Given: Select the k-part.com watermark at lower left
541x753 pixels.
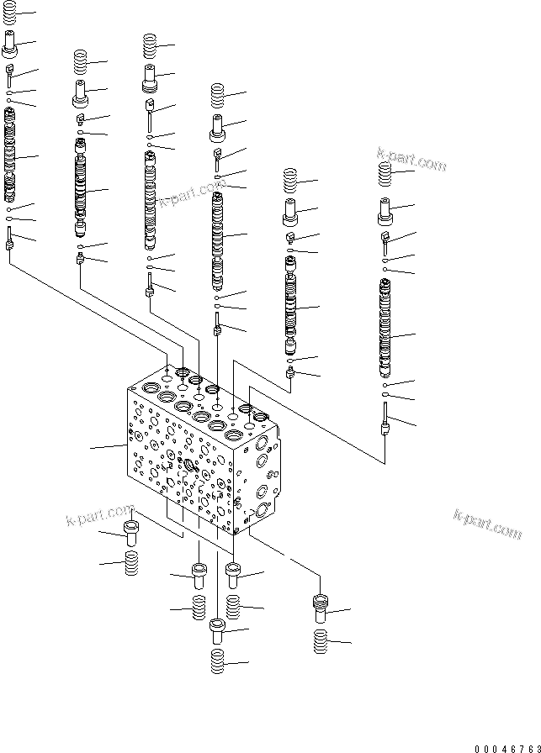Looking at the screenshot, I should tap(100, 513).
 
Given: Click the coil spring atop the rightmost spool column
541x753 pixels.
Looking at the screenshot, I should tap(386, 175).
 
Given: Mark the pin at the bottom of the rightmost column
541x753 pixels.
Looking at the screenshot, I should tap(385, 420).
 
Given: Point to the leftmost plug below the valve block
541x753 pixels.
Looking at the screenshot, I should tap(130, 534).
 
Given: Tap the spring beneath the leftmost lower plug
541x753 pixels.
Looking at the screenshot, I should tap(130, 564).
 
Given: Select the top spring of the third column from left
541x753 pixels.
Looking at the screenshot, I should tap(150, 45).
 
